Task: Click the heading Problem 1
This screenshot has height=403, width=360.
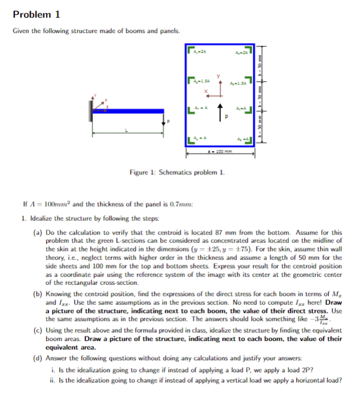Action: (36, 14)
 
